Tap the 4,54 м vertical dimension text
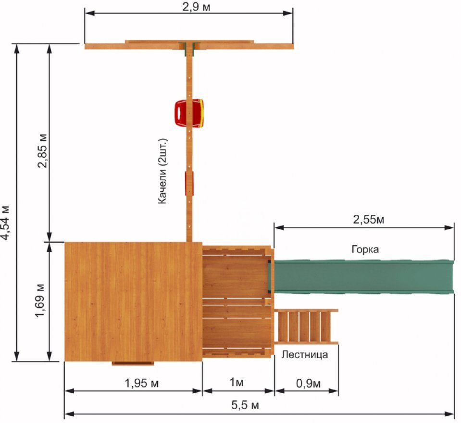pyautogui.click(x=6, y=223)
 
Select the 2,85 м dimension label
pyautogui.click(x=42, y=151)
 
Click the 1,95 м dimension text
pyautogui.click(x=142, y=383)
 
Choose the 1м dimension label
pyautogui.click(x=237, y=382)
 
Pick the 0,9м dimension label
pyautogui.click(x=308, y=383)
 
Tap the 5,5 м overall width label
pyautogui.click(x=245, y=405)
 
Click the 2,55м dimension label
pyautogui.click(x=368, y=219)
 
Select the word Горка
pyautogui.click(x=365, y=249)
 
